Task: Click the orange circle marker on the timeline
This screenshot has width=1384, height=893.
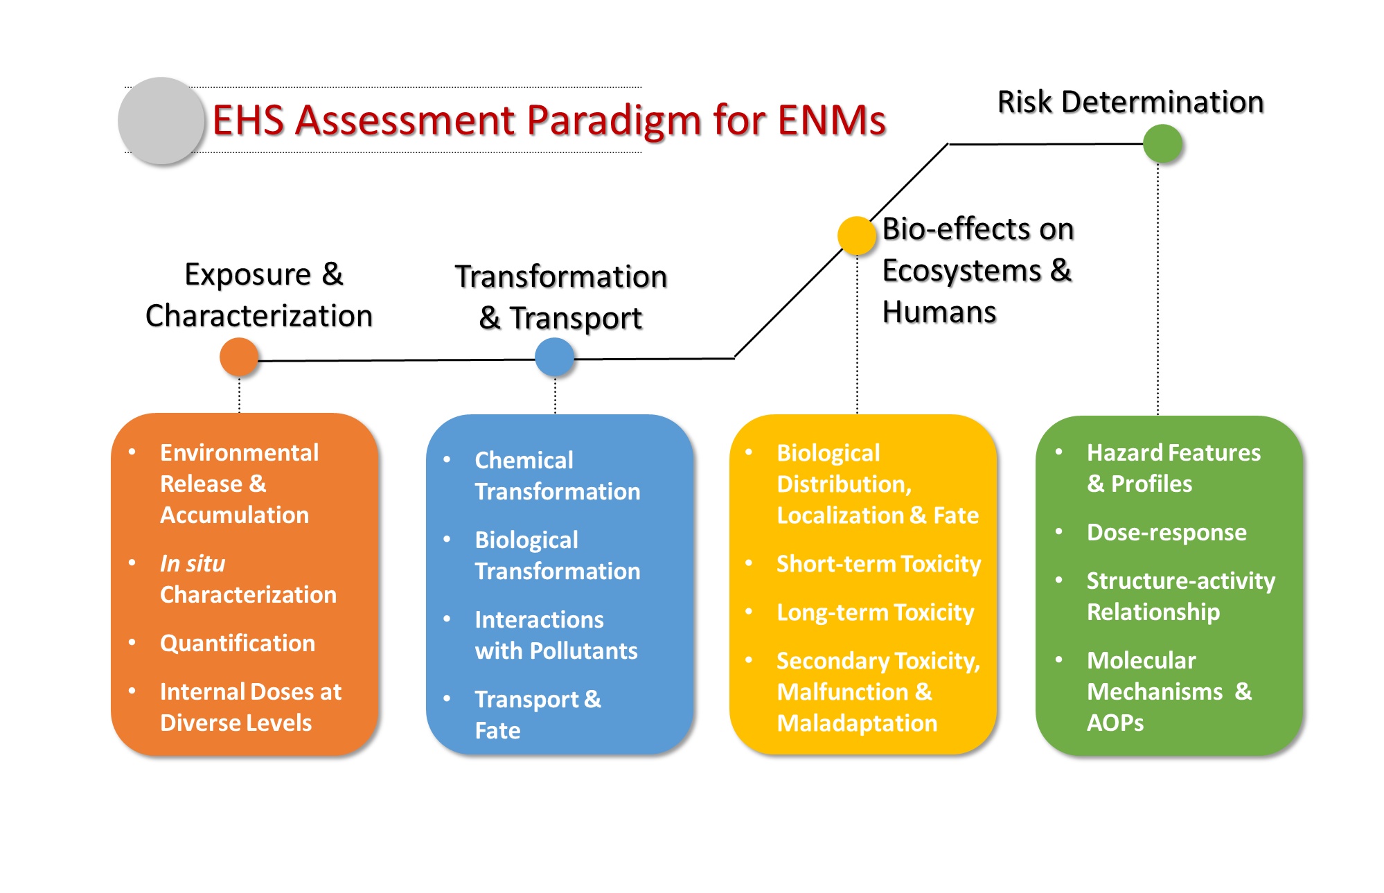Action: click(x=239, y=357)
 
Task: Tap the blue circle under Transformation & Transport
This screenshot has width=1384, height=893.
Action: click(x=555, y=357)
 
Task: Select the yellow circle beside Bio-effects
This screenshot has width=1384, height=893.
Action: click(x=857, y=236)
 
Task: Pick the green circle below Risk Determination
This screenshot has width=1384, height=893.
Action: click(x=1162, y=143)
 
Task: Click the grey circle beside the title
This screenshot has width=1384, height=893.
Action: click(x=161, y=121)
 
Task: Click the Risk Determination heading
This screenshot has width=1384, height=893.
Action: click(x=1130, y=102)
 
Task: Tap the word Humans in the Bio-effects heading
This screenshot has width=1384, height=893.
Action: click(x=939, y=312)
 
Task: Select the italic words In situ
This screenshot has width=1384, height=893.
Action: click(x=193, y=563)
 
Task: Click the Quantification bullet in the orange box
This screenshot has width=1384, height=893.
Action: click(x=238, y=643)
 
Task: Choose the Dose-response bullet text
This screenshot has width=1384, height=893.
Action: click(x=1166, y=532)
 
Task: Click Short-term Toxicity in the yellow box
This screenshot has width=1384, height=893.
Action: click(x=878, y=564)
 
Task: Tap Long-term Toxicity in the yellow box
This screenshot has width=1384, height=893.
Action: click(x=875, y=612)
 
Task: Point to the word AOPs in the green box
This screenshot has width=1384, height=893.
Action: click(x=1115, y=723)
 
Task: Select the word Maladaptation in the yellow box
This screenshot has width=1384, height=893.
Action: click(x=857, y=723)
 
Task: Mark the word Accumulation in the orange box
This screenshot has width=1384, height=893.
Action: click(x=234, y=515)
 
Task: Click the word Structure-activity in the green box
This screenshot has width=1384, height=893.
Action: click(x=1180, y=581)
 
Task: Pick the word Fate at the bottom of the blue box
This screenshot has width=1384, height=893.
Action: click(x=497, y=730)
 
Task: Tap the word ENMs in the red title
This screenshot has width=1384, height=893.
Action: click(x=831, y=121)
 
